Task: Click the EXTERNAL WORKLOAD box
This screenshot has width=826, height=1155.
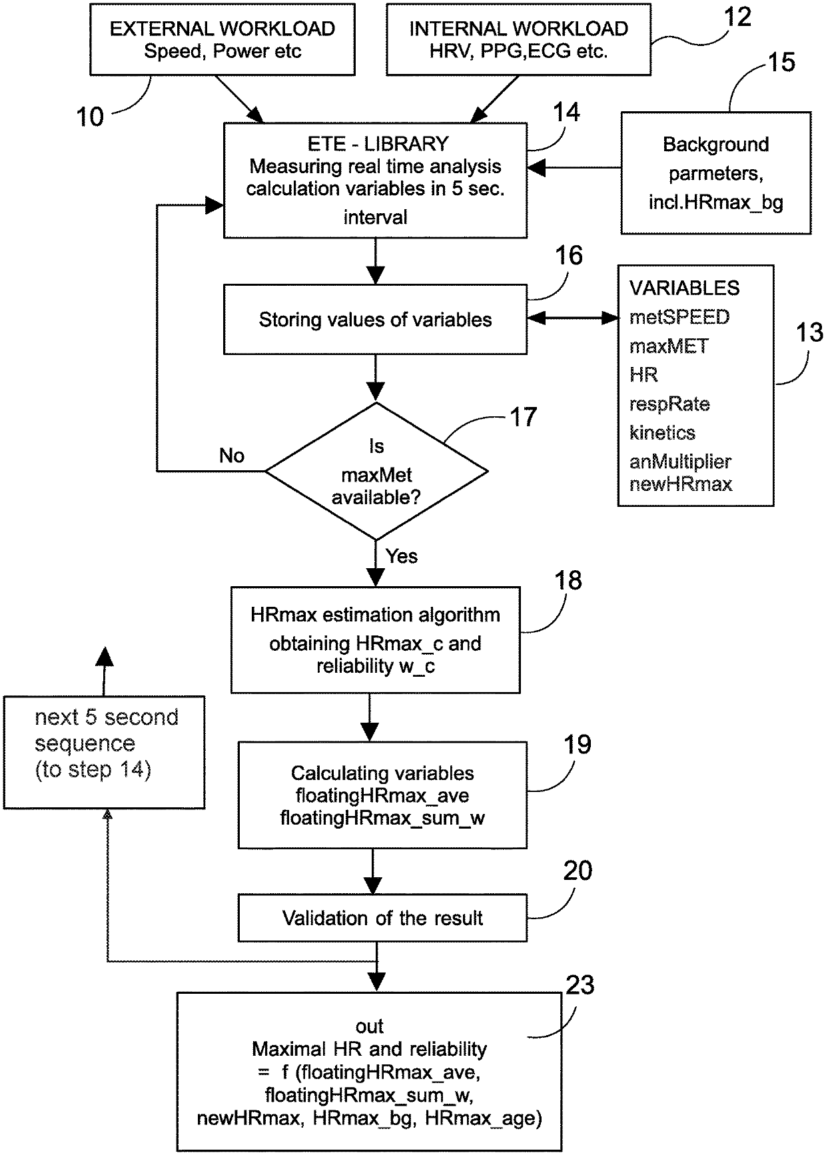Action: pos(222,39)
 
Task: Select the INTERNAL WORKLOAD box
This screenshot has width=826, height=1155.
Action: pos(518,39)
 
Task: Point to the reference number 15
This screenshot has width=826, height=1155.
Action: pos(782,62)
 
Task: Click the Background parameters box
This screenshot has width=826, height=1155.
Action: pos(716,173)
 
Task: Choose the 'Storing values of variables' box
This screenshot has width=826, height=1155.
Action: pos(375,319)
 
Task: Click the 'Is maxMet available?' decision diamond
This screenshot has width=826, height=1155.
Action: pos(376,471)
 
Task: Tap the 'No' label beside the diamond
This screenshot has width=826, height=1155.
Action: pos(232,456)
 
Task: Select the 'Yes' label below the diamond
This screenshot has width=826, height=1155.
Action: pos(402,556)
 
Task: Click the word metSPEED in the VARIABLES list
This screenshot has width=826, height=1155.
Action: pos(679,317)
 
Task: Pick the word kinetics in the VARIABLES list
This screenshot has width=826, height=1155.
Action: pos(662,432)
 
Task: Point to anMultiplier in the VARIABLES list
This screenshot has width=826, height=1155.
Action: pos(680,461)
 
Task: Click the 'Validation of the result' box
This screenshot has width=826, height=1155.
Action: pos(382,918)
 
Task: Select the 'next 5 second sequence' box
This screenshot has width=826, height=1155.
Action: pos(105,752)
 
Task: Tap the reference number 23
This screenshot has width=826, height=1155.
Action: pos(580,985)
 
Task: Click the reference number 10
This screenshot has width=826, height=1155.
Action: pos(90,117)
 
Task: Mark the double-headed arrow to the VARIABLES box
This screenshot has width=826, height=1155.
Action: pos(574,318)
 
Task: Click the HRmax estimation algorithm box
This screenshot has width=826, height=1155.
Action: pos(375,639)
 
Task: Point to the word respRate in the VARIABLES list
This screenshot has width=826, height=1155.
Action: pos(669,404)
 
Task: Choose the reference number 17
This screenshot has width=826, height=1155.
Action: pos(523,417)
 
